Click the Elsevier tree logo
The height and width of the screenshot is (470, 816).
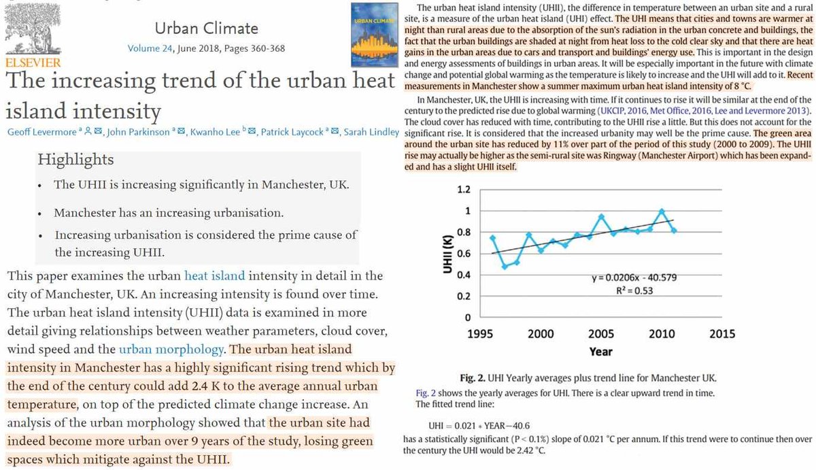pos(32,30)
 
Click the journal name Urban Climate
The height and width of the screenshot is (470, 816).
pos(197,28)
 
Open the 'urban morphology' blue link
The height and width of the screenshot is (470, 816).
pos(171,350)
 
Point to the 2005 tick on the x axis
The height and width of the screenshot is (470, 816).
pos(600,333)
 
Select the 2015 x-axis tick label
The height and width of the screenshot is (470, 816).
pos(721,333)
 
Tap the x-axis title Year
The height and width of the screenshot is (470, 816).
pos(600,352)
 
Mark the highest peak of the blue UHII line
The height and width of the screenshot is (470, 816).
pos(662,211)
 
